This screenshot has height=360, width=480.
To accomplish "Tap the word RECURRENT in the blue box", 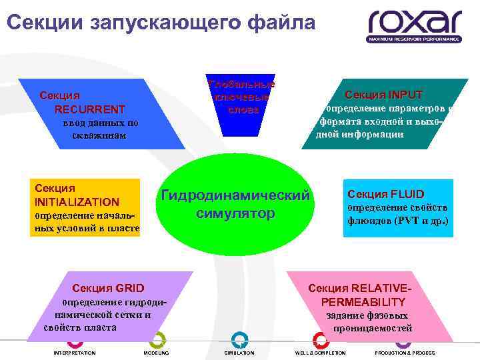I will pyautogui.click(x=90, y=109).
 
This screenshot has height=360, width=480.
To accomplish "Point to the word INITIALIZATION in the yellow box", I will pyautogui.click(x=77, y=201).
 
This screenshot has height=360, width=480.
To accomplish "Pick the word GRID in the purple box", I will pyautogui.click(x=129, y=288).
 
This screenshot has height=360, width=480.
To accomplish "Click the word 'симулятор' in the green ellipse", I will pyautogui.click(x=235, y=213).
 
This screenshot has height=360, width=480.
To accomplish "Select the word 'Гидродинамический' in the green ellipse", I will pyautogui.click(x=235, y=195).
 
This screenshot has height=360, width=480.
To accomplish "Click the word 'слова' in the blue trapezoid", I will pyautogui.click(x=242, y=109).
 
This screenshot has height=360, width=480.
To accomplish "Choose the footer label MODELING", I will pyautogui.click(x=156, y=353).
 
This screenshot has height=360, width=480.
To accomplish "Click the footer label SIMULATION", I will pyautogui.click(x=239, y=353).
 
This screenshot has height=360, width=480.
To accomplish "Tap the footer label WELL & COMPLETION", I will pyautogui.click(x=320, y=353).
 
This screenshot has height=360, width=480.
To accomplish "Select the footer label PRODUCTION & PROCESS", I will pyautogui.click(x=405, y=353).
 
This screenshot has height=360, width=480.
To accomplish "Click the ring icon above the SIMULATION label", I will pyautogui.click(x=238, y=339).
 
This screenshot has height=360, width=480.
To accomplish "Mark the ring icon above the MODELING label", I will pyautogui.click(x=157, y=339).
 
